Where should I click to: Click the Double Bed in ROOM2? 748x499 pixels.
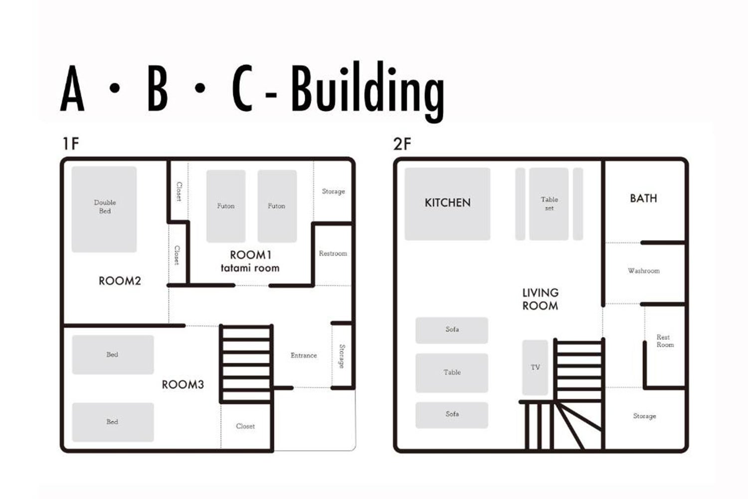(x=104, y=209)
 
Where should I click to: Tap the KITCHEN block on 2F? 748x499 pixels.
(x=447, y=204)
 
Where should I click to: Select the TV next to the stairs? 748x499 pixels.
(x=535, y=367)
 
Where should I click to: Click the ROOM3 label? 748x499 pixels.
(x=183, y=385)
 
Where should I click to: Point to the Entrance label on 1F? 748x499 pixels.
(x=304, y=355)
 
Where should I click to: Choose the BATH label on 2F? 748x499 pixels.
(x=643, y=199)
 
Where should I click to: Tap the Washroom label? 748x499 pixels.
(x=644, y=271)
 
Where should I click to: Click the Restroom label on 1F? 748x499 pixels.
(x=333, y=253)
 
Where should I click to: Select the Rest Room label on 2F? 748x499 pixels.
(x=665, y=341)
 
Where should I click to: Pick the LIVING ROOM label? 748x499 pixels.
(x=540, y=299)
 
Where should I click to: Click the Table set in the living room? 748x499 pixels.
(x=549, y=204)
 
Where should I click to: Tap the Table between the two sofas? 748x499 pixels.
(x=452, y=373)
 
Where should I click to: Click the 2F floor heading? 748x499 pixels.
(x=402, y=144)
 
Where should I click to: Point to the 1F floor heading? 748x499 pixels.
(x=71, y=144)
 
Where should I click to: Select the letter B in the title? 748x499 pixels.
(x=157, y=88)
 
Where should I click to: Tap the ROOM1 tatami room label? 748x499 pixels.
(x=250, y=261)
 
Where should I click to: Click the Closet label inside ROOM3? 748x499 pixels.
(x=245, y=426)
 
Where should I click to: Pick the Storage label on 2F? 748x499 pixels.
(x=644, y=416)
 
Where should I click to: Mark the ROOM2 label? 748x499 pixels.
(x=120, y=281)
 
